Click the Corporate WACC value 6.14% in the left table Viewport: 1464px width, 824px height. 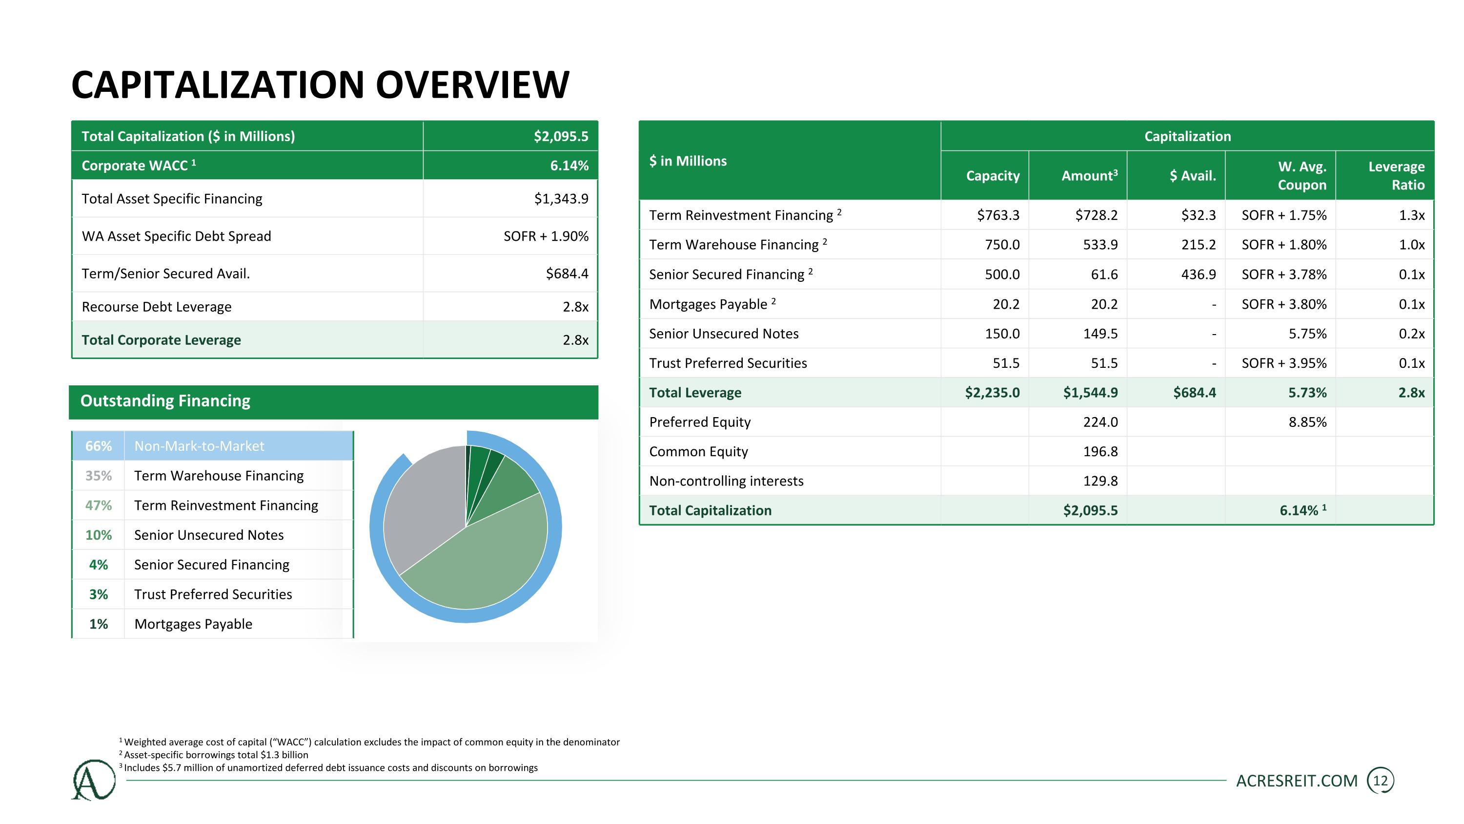pos(569,166)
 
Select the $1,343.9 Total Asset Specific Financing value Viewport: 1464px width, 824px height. pos(561,198)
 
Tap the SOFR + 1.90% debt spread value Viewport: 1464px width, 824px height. pos(546,236)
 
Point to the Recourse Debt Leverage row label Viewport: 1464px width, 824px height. pos(156,307)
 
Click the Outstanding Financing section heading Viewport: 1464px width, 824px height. pos(165,401)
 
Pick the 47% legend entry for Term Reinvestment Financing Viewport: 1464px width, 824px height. pos(98,506)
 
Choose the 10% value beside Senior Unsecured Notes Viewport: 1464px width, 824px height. pos(98,535)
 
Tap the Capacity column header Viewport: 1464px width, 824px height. pos(993,176)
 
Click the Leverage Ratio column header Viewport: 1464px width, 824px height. pos(1396,176)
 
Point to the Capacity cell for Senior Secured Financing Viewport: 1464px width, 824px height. pos(1002,275)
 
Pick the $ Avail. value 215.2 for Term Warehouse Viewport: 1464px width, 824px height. pos(1198,245)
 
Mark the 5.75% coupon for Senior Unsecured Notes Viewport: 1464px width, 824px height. pos(1307,334)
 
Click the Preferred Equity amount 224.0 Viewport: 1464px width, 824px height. pos(1100,422)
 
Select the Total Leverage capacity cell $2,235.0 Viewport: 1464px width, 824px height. pos(992,392)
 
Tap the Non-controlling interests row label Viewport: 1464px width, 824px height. pos(726,481)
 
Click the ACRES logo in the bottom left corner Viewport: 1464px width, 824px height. pos(94,780)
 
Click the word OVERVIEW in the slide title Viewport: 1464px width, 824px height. pos(472,85)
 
